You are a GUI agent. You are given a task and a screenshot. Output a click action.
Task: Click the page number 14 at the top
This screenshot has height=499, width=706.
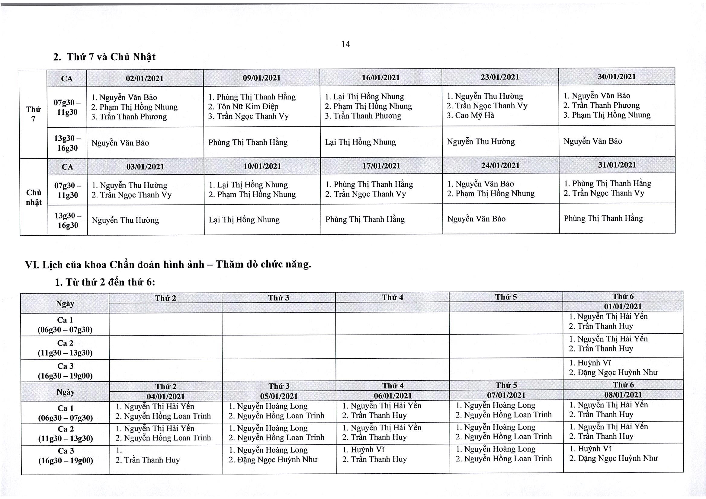coord(346,44)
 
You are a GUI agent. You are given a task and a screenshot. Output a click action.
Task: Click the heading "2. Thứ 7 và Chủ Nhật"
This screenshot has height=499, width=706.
coord(104,57)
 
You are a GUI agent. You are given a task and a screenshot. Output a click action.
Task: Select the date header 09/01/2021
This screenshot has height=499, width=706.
coord(262,78)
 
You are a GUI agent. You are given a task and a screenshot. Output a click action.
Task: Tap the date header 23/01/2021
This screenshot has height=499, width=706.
coord(500,77)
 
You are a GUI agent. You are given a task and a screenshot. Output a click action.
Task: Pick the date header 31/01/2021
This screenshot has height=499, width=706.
coord(617,165)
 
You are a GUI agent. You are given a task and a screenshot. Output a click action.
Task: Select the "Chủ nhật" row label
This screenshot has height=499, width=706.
coord(34,197)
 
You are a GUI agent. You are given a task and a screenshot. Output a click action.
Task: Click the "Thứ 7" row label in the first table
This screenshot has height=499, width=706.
coord(33,114)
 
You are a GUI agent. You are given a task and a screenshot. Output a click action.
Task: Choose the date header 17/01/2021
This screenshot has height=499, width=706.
coord(381,166)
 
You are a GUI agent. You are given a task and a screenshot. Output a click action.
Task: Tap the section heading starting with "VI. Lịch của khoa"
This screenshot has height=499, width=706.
coord(168,265)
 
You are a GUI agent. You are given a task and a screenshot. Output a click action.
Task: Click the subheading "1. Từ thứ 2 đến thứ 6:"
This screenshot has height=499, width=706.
coord(105,282)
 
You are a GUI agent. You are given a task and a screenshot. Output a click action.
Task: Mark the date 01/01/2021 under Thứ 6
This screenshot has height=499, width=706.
coord(623,306)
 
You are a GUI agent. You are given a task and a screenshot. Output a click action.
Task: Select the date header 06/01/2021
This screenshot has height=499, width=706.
coord(393,396)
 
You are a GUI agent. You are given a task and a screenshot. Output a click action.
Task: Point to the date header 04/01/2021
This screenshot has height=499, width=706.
coord(166,396)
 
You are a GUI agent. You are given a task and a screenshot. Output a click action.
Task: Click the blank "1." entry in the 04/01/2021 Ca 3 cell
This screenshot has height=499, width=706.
coord(119,451)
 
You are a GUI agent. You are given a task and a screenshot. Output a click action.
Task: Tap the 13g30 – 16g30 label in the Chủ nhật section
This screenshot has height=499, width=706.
coord(68,220)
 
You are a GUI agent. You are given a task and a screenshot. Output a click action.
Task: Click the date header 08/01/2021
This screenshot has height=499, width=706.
coord(623,395)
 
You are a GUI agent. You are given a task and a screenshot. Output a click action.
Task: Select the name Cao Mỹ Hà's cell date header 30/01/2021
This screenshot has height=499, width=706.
coord(617,77)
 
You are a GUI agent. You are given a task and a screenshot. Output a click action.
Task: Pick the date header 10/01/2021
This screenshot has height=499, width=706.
coord(262,166)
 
